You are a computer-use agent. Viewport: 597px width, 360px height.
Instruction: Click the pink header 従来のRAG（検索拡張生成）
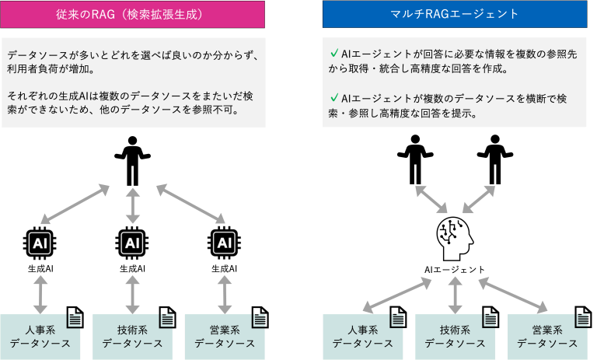(132, 14)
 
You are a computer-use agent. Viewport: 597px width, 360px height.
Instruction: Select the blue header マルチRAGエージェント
(455, 14)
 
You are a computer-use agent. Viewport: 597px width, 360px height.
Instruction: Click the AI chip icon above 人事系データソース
(40, 243)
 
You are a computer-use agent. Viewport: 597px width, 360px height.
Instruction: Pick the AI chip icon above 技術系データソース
(133, 243)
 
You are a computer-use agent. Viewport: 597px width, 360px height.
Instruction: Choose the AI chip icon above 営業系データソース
(225, 243)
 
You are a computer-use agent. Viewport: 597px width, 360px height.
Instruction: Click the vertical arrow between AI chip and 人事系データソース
(40, 293)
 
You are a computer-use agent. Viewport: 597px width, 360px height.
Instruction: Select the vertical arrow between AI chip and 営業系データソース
(225, 293)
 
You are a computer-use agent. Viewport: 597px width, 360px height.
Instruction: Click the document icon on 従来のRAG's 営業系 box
(259, 319)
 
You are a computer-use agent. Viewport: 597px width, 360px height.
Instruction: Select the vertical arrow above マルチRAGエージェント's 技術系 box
(456, 293)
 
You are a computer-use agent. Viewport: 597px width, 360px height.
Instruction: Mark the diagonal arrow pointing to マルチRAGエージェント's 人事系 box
(399, 293)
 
